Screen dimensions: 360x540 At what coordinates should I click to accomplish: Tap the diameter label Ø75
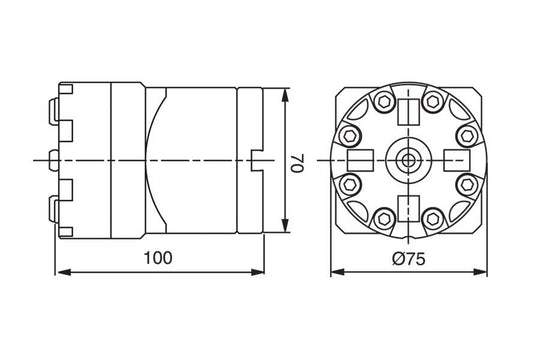409,257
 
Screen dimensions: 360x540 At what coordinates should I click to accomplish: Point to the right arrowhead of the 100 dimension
262,271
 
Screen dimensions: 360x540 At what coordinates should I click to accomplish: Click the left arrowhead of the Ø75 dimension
335,271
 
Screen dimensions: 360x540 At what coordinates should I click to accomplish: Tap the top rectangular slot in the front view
410,109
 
